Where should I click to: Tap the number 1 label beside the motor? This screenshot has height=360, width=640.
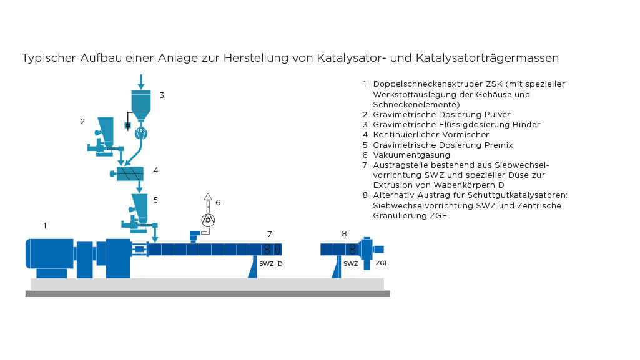coord(44,225)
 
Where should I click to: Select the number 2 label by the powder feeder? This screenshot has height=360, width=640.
coord(82,122)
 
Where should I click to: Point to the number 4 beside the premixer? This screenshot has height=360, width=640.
coord(155,170)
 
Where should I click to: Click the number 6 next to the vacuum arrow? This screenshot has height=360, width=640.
coord(218,202)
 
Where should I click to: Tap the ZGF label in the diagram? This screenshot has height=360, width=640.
coord(382,263)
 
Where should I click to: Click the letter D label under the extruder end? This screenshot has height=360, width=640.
coord(280,263)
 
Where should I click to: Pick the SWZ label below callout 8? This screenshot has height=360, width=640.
coord(350,263)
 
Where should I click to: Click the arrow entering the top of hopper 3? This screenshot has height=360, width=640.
coord(141,81)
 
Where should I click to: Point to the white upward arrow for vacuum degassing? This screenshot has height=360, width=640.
coord(208,198)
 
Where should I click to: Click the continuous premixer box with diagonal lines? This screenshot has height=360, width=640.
coord(130,173)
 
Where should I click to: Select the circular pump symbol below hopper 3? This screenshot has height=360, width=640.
coord(141,131)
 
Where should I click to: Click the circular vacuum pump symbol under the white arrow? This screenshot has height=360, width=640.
coord(208,220)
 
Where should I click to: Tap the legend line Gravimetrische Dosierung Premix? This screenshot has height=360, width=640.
coord(443,145)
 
